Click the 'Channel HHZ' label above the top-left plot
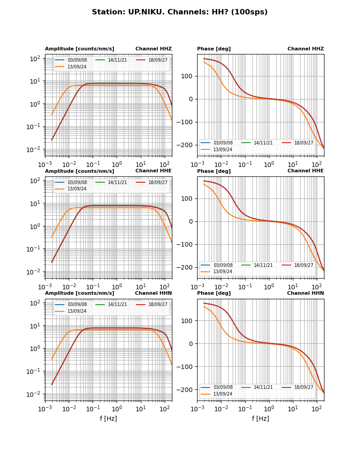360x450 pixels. click(x=153, y=49)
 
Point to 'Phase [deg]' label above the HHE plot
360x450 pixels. click(x=214, y=171)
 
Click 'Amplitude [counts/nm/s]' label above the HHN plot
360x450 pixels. click(x=80, y=293)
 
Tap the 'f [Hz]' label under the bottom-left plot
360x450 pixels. click(x=108, y=418)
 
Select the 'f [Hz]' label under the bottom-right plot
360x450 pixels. click(x=261, y=418)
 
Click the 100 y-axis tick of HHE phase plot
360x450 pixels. click(x=188, y=198)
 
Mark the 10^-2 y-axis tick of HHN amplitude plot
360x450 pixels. click(x=35, y=394)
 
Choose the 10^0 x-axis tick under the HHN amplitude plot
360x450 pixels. click(x=117, y=409)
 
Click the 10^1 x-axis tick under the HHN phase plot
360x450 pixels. click(x=293, y=409)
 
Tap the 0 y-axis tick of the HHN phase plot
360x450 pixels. click(x=191, y=344)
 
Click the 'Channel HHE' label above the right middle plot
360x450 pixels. click(x=306, y=171)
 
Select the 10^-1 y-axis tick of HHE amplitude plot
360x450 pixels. click(x=35, y=249)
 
